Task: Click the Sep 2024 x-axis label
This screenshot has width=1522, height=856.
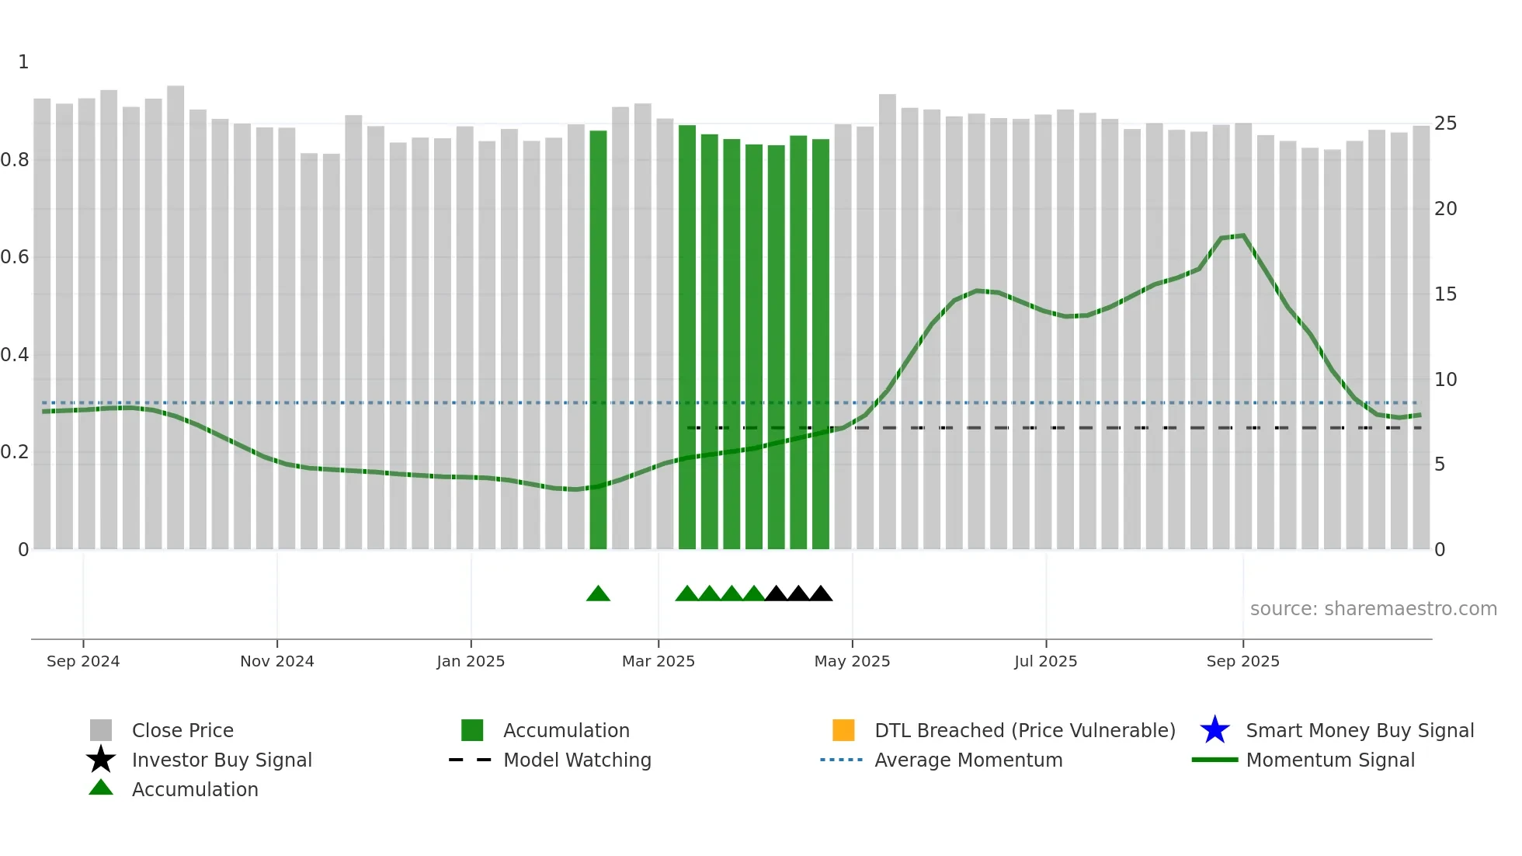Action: click(83, 661)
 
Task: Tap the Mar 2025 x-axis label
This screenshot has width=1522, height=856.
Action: click(658, 661)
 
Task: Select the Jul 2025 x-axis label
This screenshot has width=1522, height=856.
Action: click(1045, 661)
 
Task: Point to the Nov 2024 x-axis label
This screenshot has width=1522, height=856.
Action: click(277, 661)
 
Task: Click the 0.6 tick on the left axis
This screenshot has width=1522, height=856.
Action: click(15, 257)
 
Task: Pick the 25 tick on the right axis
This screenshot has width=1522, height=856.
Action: click(1445, 124)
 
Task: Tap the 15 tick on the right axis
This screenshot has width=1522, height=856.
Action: click(1445, 294)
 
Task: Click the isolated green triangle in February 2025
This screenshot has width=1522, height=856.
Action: click(598, 594)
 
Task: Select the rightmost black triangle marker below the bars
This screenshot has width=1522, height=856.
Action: click(821, 594)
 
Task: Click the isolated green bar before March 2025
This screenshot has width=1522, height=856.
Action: click(598, 339)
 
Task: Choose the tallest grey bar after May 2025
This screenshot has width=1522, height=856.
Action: click(888, 322)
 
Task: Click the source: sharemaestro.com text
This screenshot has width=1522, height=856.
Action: click(1373, 609)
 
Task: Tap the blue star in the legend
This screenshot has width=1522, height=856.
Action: click(1214, 730)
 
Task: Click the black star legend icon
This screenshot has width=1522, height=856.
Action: click(101, 760)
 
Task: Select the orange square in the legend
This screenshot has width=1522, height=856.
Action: click(843, 730)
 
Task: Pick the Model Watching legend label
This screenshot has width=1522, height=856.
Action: click(577, 760)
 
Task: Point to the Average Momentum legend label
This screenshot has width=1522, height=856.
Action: click(968, 760)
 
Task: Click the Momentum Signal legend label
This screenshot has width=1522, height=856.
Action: click(1330, 760)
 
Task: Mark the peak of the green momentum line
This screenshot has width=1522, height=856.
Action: click(1243, 236)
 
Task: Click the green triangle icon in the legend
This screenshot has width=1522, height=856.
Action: click(101, 788)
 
